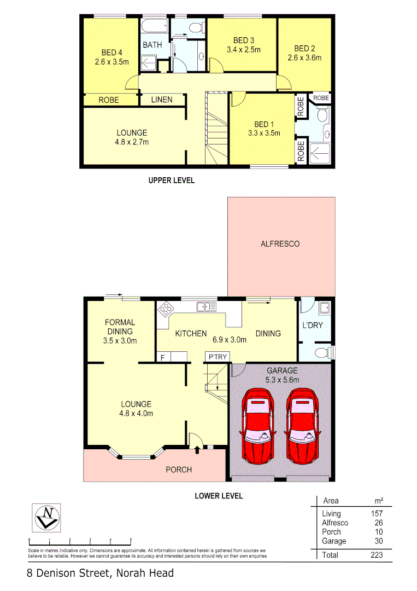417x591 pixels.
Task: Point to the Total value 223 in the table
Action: click(x=376, y=555)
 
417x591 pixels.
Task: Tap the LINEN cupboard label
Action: click(x=162, y=100)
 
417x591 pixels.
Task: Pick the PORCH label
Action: click(x=179, y=470)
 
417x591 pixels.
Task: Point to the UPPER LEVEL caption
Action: click(x=172, y=180)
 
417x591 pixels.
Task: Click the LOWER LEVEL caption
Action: click(x=219, y=496)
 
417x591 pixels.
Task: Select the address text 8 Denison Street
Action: click(x=69, y=573)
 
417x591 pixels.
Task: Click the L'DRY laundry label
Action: click(x=313, y=325)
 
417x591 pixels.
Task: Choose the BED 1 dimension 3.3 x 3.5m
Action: click(x=264, y=132)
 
